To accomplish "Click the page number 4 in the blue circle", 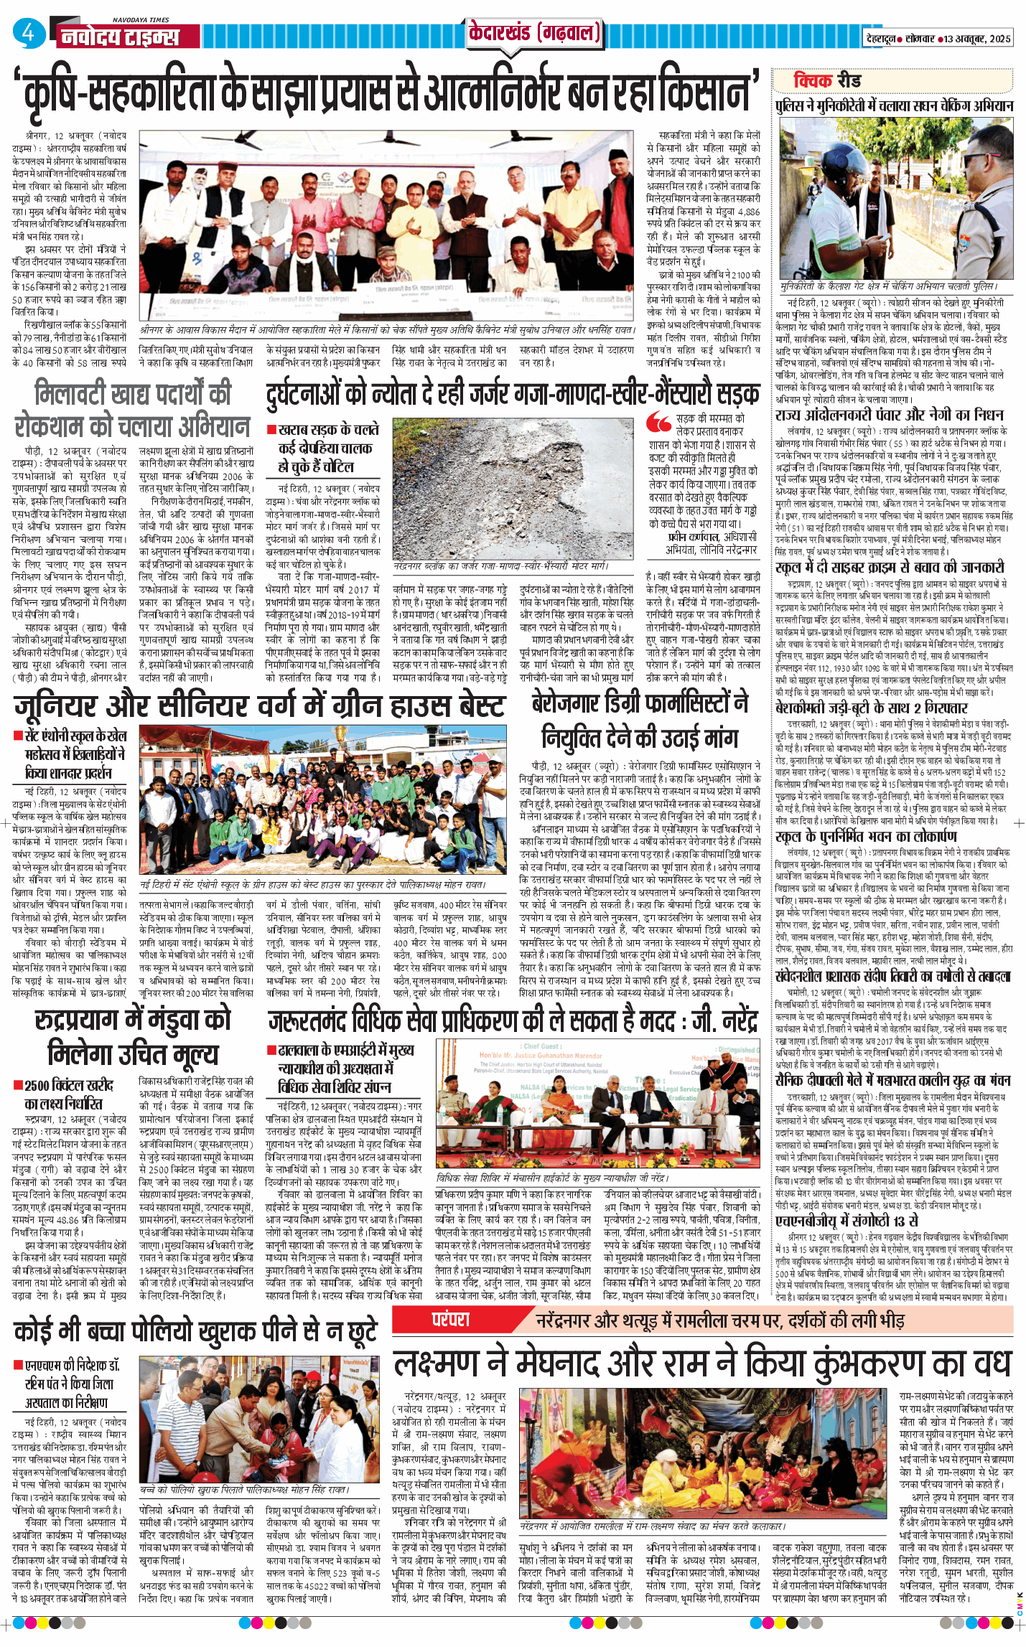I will pos(29,34).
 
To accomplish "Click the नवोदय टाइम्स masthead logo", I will pos(119,36).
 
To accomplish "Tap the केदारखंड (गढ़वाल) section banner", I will pos(533,33).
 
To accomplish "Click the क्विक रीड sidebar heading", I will pos(826,80).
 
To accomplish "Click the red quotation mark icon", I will pos(658,421).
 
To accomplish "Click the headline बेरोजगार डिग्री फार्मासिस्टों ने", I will pos(639,703).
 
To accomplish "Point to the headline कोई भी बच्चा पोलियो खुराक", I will pos(195,1331).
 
